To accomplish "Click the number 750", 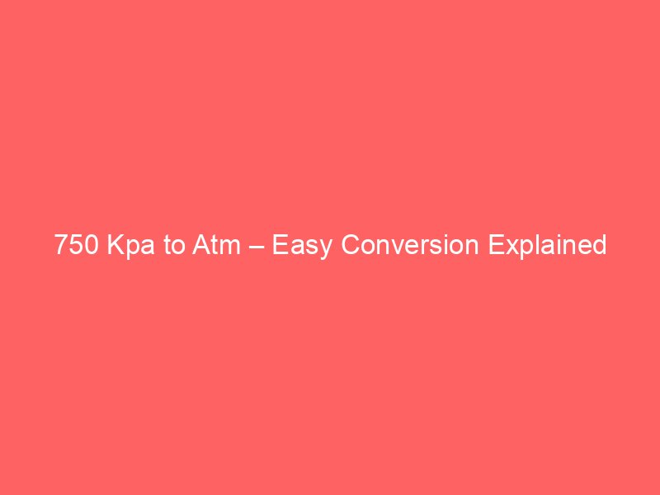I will [77, 246].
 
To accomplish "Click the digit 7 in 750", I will [62, 246].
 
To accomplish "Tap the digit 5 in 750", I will [77, 246].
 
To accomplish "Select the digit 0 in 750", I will [92, 246].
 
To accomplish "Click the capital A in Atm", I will [202, 246].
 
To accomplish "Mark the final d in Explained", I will [599, 246].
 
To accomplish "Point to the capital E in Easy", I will [280, 246].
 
